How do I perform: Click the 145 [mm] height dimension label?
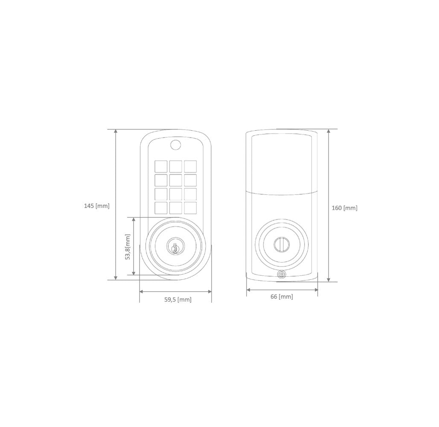tap(97, 206)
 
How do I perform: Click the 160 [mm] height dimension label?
tap(344, 208)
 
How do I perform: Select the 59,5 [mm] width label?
tap(178, 299)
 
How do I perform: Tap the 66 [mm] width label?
tap(282, 296)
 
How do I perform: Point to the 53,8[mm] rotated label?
tap(128, 247)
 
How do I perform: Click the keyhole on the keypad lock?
tap(175, 248)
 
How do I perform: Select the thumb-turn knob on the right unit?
tap(281, 243)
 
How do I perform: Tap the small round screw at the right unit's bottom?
tap(282, 274)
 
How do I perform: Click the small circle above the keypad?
tap(175, 145)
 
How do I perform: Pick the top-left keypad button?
tap(161, 167)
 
